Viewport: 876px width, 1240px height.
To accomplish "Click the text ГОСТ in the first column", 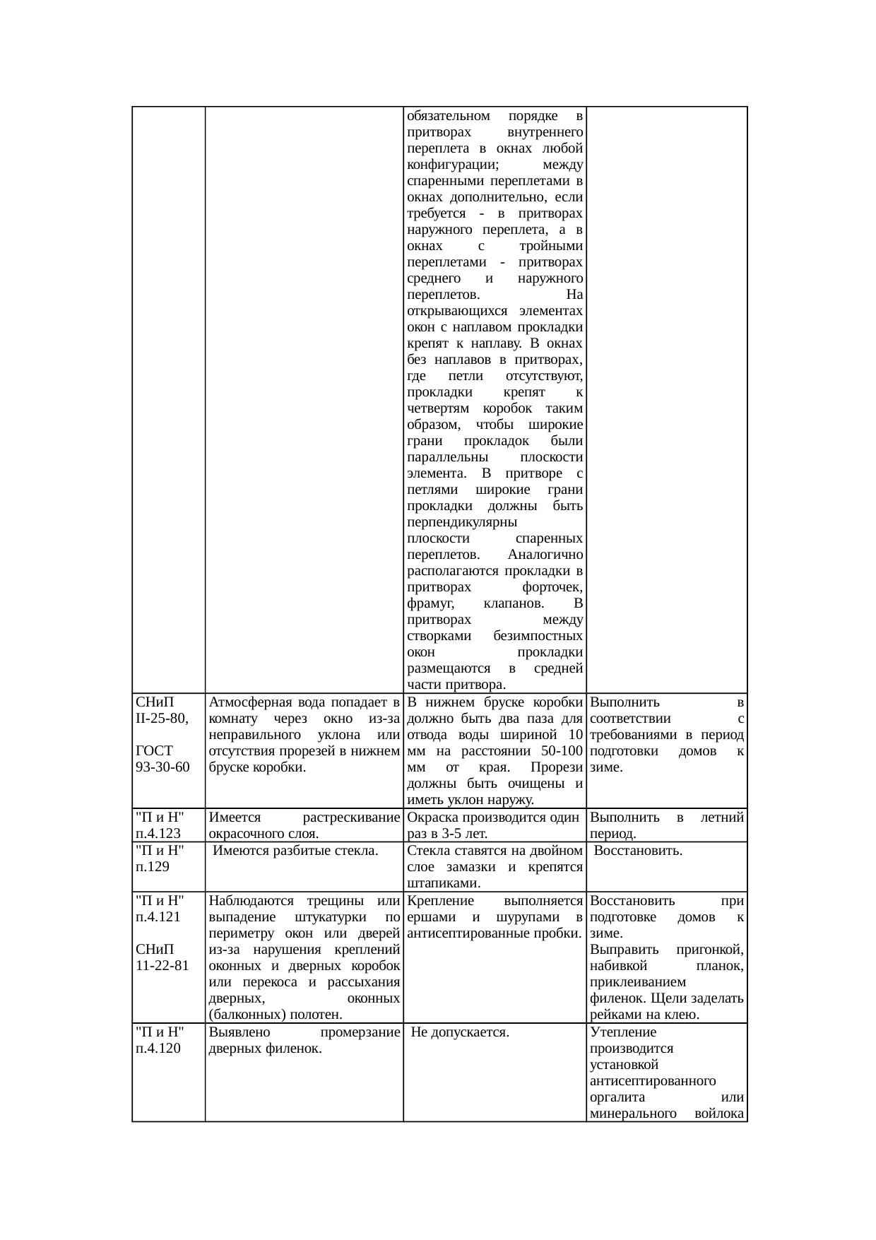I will coord(153,751).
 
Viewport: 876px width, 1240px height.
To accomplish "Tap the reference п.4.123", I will coord(158,834).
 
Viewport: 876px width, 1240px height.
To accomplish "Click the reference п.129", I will coord(153,867).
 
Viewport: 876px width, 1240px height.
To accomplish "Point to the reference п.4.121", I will coord(158,917).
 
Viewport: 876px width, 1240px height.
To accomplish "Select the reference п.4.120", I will coord(158,1049).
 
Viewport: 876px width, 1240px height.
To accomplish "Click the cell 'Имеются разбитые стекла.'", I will coord(296,851).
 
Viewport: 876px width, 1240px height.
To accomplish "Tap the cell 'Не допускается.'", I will coord(460,1032).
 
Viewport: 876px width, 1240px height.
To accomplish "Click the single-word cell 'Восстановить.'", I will coord(638,851).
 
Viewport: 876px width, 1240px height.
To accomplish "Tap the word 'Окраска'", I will coord(433,817).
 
